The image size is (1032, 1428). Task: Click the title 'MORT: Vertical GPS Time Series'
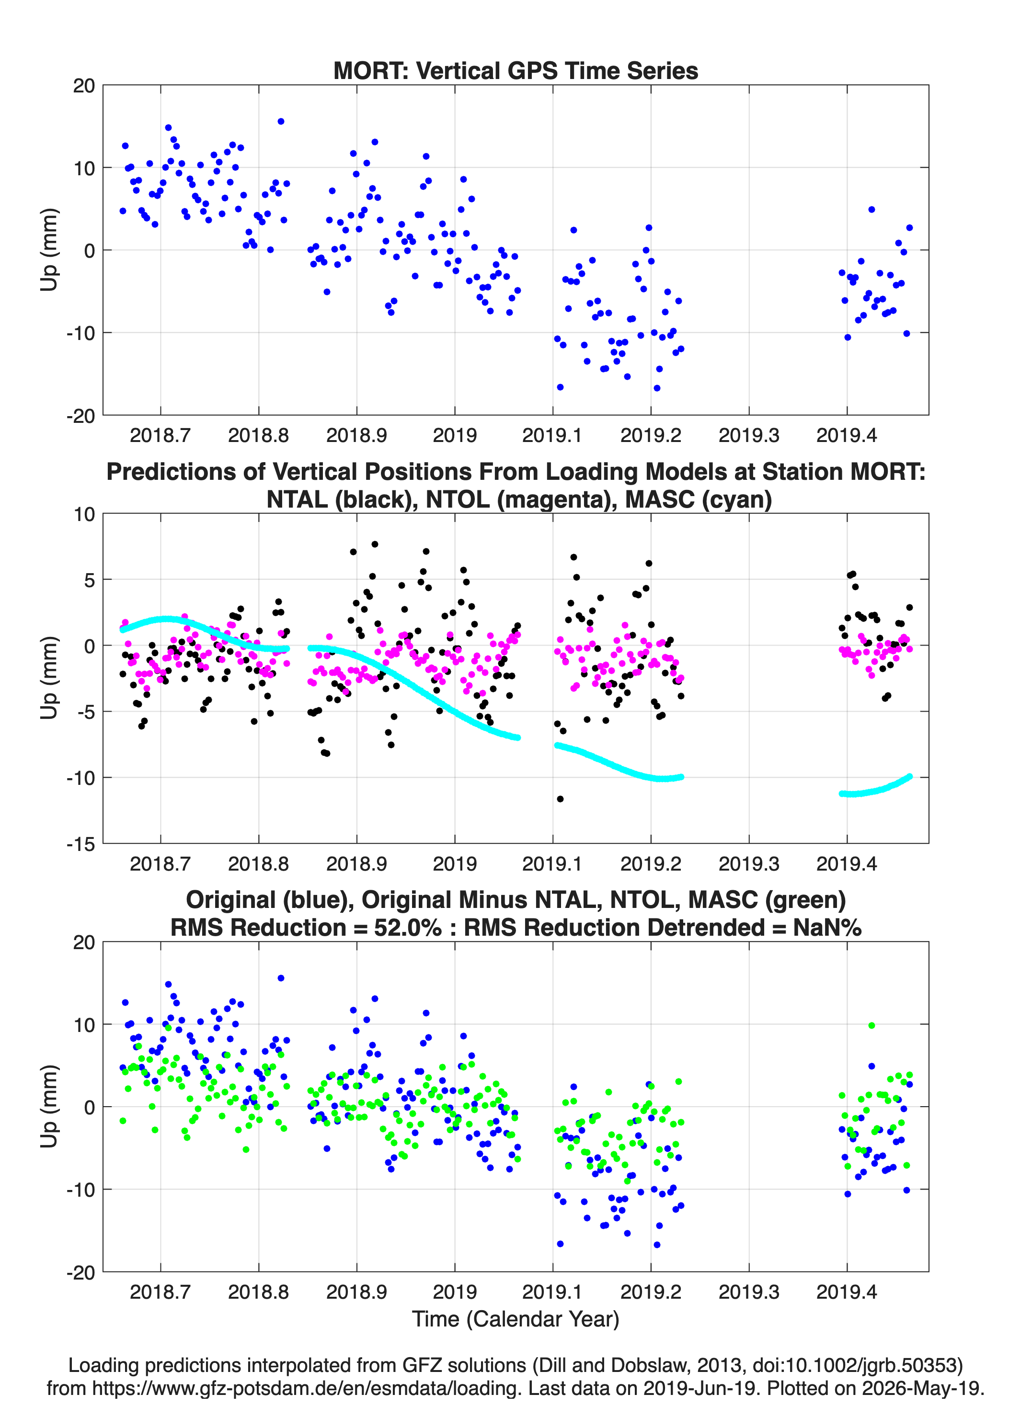click(x=516, y=70)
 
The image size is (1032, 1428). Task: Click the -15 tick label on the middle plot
click(x=81, y=844)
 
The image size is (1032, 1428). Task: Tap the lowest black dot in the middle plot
click(x=560, y=799)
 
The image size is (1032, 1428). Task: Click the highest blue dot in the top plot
click(x=281, y=122)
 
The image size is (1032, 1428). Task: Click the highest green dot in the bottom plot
click(x=872, y=1026)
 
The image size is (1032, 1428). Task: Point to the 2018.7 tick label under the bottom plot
click(x=160, y=1292)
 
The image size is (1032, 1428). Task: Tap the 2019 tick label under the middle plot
click(x=454, y=864)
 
